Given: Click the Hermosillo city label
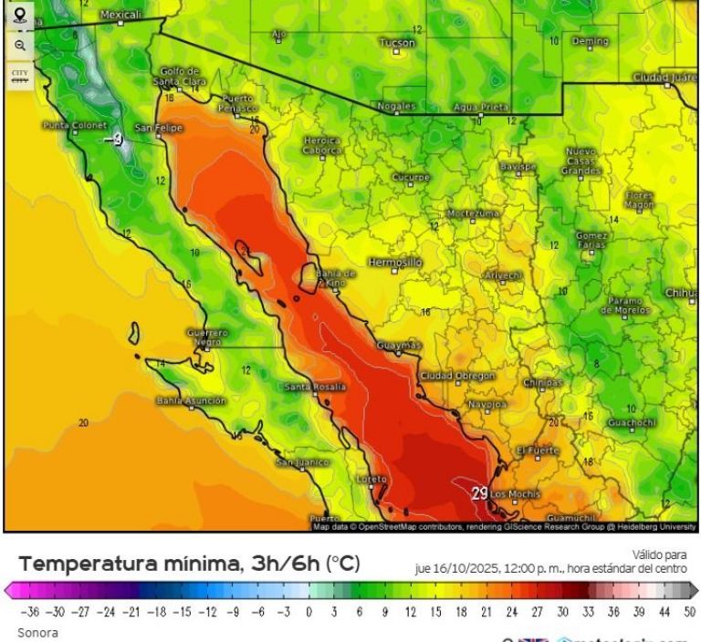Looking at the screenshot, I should pyautogui.click(x=395, y=262).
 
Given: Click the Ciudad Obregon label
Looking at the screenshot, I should pyautogui.click(x=457, y=376).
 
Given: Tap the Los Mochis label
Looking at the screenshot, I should pyautogui.click(x=516, y=494).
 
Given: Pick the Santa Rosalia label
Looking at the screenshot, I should pyautogui.click(x=316, y=387).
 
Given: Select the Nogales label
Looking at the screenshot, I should pyautogui.click(x=396, y=106).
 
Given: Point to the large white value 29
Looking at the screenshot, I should pyautogui.click(x=480, y=493).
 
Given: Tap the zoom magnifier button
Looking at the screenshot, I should pyautogui.click(x=19, y=45).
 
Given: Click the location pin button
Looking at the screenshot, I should pyautogui.click(x=19, y=14).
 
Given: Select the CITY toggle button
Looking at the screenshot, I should pyautogui.click(x=19, y=75).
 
